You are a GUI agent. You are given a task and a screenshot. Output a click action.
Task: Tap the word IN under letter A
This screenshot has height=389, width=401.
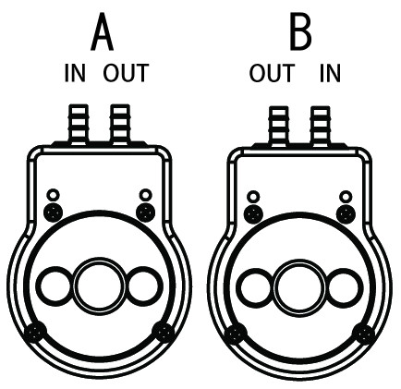click(x=75, y=73)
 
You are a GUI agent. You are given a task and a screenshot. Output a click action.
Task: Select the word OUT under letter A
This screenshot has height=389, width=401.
click(x=126, y=73)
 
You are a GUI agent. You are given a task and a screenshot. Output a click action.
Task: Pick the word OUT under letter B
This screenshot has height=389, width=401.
click(x=272, y=73)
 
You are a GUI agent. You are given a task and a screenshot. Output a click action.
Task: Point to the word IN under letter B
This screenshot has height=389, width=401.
click(x=330, y=73)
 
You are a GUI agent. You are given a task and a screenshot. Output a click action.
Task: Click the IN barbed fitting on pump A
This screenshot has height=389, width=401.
click(x=79, y=125)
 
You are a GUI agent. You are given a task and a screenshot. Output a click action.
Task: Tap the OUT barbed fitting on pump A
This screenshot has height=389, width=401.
click(x=120, y=125)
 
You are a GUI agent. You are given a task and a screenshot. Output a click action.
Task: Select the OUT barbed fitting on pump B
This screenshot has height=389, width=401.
click(x=279, y=127)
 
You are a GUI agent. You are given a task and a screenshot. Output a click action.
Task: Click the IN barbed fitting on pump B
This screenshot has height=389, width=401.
click(x=321, y=127)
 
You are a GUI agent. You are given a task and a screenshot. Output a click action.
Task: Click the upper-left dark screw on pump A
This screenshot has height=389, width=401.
click(x=54, y=213)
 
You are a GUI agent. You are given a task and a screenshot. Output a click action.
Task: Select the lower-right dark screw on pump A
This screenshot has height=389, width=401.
click(x=164, y=333)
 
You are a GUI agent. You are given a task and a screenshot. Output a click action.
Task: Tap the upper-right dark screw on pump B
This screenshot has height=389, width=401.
click(x=346, y=214)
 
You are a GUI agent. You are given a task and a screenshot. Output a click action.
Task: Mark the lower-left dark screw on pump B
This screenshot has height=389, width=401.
click(x=237, y=334)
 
